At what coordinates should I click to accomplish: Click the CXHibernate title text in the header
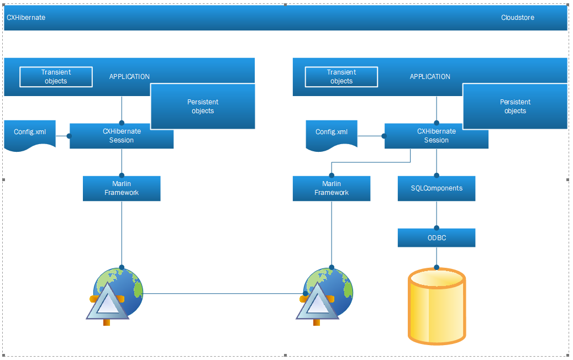click(x=26, y=18)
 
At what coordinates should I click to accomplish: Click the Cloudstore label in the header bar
click(x=517, y=18)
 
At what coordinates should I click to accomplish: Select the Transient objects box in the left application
click(x=56, y=77)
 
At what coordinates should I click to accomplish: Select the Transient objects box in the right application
click(x=341, y=77)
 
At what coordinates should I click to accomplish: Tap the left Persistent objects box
click(x=203, y=106)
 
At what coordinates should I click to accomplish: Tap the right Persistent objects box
click(x=515, y=106)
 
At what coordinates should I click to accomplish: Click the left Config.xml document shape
click(x=30, y=134)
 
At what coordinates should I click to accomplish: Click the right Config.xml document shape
click(x=332, y=134)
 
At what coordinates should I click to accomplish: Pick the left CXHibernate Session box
click(x=122, y=136)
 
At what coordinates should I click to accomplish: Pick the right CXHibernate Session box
click(x=437, y=136)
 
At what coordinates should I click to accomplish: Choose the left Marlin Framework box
click(x=122, y=188)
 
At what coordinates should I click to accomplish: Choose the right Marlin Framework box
click(x=332, y=188)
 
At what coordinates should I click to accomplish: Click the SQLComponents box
click(x=437, y=188)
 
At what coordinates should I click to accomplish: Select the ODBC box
click(x=437, y=237)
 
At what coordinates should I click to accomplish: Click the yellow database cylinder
click(x=437, y=306)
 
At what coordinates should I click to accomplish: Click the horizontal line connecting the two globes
click(x=223, y=293)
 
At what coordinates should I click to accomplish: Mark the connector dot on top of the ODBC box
click(x=437, y=228)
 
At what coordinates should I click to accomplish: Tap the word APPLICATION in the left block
click(x=129, y=77)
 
